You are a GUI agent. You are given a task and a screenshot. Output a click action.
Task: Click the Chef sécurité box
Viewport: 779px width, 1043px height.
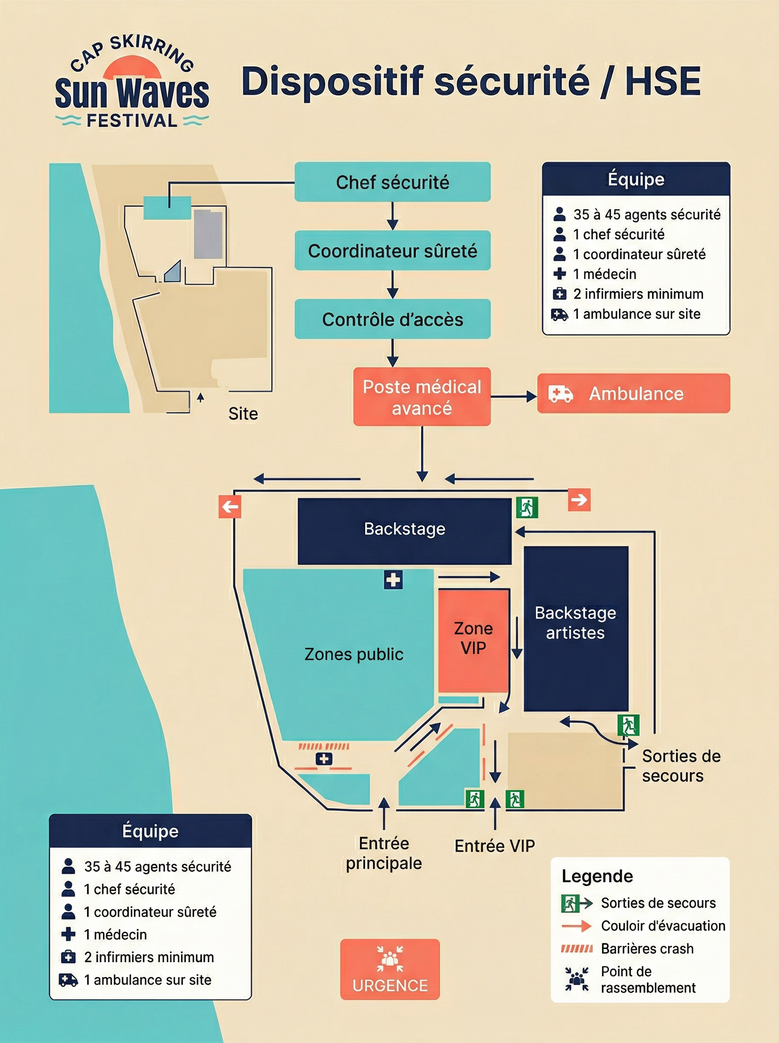393,182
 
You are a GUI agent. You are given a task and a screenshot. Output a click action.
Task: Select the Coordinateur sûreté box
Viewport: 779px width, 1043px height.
393,250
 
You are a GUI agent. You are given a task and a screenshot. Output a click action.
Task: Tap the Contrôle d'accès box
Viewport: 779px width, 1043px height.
393,319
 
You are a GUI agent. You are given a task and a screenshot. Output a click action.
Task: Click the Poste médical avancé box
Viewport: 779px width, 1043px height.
422,397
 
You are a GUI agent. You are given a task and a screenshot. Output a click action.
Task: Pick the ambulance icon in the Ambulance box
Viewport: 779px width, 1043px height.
560,394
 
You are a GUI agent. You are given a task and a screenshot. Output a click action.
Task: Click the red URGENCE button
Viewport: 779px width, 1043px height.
390,969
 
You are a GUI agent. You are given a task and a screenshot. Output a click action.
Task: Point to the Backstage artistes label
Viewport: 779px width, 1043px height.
575,623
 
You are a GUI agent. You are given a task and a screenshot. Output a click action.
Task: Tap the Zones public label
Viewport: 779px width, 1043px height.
354,654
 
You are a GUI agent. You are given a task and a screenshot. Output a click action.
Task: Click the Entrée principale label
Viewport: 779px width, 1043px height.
384,853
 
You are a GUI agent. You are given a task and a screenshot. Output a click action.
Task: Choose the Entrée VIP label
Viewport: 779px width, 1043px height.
495,846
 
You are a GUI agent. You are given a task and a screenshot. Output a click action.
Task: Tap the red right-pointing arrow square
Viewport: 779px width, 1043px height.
579,500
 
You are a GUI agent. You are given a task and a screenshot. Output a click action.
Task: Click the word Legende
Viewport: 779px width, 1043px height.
597,876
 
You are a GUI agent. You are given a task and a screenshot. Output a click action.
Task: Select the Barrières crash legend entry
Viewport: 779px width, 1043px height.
647,948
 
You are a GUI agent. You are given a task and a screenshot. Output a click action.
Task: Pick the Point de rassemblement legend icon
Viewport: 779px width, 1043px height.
577,979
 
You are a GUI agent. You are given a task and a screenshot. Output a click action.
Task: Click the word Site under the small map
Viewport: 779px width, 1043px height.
243,414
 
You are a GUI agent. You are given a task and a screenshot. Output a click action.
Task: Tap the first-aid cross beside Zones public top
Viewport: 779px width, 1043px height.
393,580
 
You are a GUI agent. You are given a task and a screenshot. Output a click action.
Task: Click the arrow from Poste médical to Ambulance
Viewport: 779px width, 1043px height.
514,397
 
